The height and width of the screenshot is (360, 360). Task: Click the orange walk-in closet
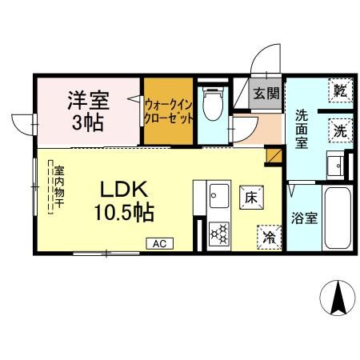168,111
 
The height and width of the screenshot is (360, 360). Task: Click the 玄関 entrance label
266,93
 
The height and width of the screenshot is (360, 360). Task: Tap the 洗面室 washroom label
302,128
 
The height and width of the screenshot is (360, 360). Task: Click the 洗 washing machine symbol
340,130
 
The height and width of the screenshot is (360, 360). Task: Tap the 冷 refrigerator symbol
269,236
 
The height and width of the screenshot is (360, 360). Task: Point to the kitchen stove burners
218,233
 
